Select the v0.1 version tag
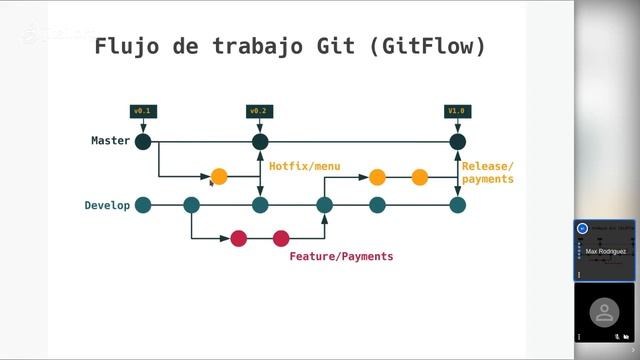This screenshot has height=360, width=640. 143,111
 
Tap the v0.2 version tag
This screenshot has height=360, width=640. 260,111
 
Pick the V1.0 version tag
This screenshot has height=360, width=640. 457,111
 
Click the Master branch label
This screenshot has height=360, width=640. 110,141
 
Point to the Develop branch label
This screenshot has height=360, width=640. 107,205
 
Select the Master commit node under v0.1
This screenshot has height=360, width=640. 143,142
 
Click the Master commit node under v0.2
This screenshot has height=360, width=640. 260,142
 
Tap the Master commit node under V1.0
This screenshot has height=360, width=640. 458,142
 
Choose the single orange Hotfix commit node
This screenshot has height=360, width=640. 219,177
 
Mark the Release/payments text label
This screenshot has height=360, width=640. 487,172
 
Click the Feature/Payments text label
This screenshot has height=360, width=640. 341,256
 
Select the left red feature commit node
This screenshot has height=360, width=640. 238,238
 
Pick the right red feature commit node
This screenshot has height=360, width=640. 281,238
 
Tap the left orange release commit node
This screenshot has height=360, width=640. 377,178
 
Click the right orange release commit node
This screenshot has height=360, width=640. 420,178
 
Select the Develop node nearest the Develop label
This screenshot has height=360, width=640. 143,205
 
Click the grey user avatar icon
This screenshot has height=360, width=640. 603,312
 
